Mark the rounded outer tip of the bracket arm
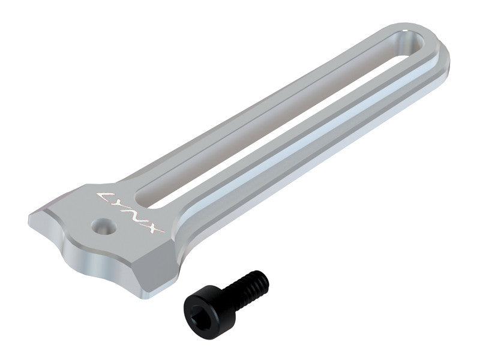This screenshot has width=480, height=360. [x=444, y=48]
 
